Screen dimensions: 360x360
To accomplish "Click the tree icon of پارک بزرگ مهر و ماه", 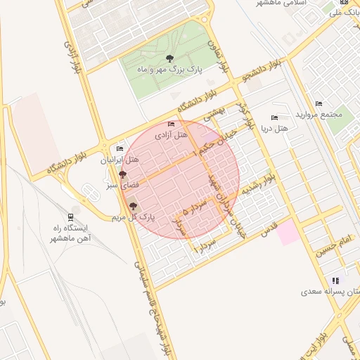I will coord(169,58).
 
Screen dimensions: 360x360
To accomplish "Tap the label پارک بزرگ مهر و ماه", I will coord(169,71).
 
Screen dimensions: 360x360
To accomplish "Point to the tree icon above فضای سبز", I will coord(122,174).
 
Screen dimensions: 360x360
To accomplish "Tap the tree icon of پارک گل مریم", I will coord(133,206).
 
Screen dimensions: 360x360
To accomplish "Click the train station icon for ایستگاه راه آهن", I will coord(71,217).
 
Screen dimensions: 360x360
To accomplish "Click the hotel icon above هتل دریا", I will coord(274,117).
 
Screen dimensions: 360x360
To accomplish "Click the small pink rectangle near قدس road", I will coord(288,233).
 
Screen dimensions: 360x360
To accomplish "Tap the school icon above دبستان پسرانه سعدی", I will coord(335,280).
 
